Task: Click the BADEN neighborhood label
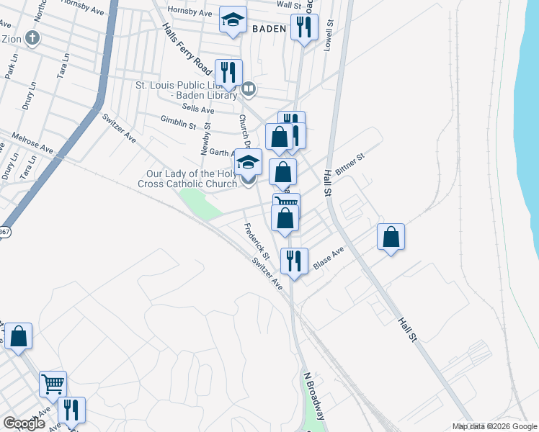tap(270, 30)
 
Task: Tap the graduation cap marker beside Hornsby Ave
tap(233, 22)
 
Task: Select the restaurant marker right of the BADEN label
tap(304, 28)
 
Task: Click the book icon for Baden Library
tap(249, 89)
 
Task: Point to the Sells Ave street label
tap(198, 109)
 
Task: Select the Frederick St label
tap(256, 242)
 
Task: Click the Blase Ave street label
tap(329, 259)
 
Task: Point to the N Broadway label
tap(315, 397)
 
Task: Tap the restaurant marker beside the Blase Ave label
tap(293, 261)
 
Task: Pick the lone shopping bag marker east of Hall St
tap(391, 237)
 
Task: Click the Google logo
tap(24, 423)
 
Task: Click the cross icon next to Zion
tap(31, 37)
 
